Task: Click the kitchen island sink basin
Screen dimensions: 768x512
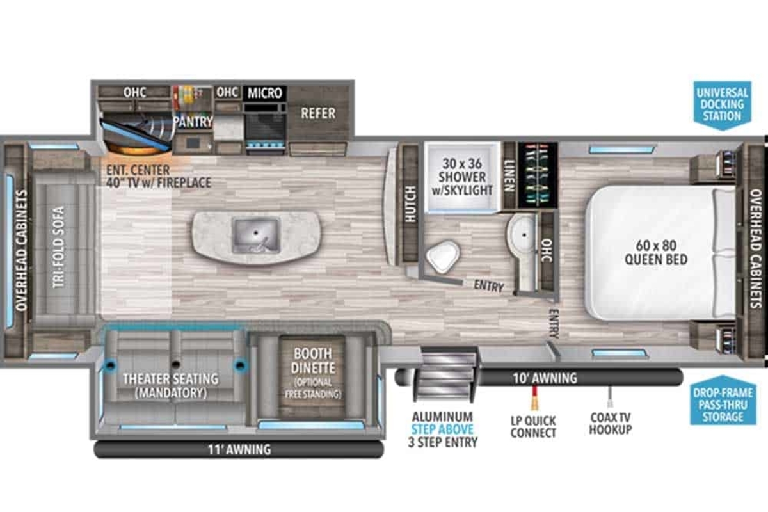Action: click(x=255, y=236)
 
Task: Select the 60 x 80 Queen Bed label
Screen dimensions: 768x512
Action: click(x=656, y=252)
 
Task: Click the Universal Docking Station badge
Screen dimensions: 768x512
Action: click(x=723, y=105)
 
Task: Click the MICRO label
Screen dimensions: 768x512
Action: click(x=265, y=93)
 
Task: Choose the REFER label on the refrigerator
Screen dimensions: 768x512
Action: click(x=318, y=113)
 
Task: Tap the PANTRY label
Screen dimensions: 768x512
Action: click(x=193, y=122)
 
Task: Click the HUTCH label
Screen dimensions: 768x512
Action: click(x=411, y=204)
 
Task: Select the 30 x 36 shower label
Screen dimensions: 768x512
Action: click(x=462, y=177)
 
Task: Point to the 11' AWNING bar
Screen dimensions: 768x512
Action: click(x=239, y=449)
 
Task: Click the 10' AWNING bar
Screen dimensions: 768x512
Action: click(x=539, y=378)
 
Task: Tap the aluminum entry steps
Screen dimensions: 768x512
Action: click(x=445, y=374)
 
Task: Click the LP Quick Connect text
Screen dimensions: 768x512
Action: click(x=533, y=427)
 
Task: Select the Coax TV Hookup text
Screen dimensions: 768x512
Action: click(x=611, y=424)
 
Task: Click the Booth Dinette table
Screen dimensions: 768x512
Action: click(x=313, y=377)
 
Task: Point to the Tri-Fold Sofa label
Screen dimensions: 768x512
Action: click(x=58, y=247)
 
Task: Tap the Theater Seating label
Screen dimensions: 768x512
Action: click(x=171, y=386)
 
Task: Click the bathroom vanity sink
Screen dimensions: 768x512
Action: click(x=523, y=235)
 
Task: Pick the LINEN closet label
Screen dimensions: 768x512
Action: click(x=509, y=175)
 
